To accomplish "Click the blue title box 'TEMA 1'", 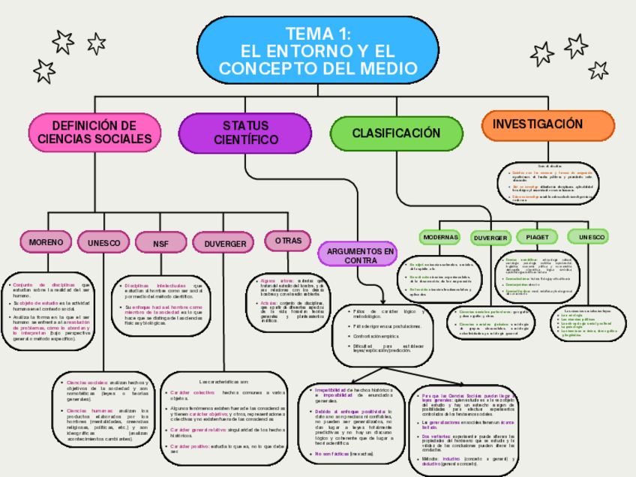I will coord(318,51).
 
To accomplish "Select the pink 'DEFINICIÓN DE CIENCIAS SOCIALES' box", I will coord(94,133).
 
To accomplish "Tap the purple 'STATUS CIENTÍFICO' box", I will coord(245,133).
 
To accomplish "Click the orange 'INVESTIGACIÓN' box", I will coord(537,124).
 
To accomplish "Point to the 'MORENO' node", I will coord(46,242).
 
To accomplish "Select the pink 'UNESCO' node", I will coord(103,243).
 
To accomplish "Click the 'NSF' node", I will coord(160,244).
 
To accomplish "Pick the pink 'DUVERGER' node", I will coord(225,244).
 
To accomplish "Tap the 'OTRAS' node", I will coord(288,241).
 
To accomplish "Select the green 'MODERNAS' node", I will coord(440,237).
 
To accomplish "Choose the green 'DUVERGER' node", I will coord(490,238).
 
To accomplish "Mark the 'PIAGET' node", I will coord(537,237).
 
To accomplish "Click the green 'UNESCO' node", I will coord(592,237).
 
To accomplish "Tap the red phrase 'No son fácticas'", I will coord(332,454).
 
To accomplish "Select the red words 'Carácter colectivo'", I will coord(193,392).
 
